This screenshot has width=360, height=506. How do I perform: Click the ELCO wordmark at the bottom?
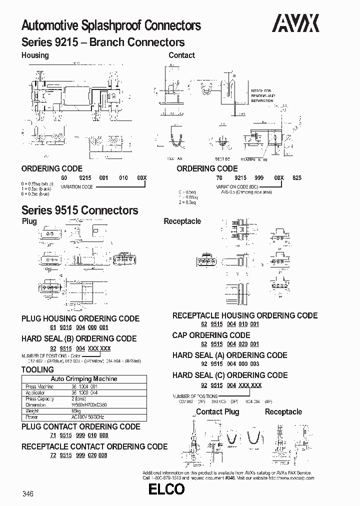[x=166, y=490]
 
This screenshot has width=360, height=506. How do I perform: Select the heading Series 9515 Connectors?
[x=80, y=210]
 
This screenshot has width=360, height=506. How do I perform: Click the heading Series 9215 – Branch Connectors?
[x=103, y=42]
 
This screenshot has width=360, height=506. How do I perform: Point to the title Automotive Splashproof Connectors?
[x=111, y=25]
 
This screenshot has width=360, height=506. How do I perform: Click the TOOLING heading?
[x=37, y=369]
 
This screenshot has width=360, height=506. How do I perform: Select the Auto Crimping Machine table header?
[x=84, y=379]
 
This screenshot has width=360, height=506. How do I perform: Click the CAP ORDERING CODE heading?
[x=211, y=335]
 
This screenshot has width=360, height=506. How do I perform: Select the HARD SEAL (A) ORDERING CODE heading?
[x=229, y=355]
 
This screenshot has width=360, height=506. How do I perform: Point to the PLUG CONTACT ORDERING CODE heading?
[x=80, y=426]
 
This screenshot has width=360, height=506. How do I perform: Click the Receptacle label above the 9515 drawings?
[x=182, y=221]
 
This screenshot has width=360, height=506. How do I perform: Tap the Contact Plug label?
[x=217, y=411]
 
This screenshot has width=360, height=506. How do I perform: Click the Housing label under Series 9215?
[x=35, y=55]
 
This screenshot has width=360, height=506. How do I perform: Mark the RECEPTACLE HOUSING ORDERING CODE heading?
[x=245, y=315]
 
